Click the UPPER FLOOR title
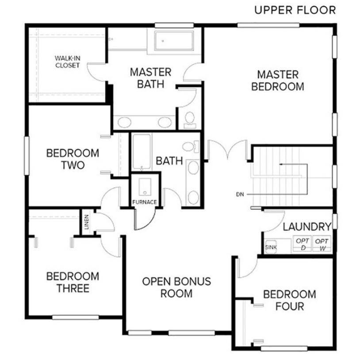tap(295, 10)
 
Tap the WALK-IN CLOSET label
tap(67, 62)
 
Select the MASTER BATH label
tap(150, 78)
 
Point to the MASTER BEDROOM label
tap(278, 80)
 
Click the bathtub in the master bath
tap(174, 41)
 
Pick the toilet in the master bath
tap(190, 120)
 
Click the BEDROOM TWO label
tap(73, 159)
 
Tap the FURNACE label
tap(145, 202)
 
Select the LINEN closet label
tap(87, 222)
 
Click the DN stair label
tap(240, 194)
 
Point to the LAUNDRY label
tap(307, 227)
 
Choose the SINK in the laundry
tap(271, 246)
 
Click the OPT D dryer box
tap(303, 244)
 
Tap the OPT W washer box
tap(322, 244)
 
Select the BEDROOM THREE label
tap(73, 282)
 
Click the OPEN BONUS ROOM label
tap(176, 288)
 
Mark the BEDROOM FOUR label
tap(290, 300)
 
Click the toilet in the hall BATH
tap(191, 147)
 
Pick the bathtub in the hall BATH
tap(142, 152)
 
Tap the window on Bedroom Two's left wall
tap(27, 155)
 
